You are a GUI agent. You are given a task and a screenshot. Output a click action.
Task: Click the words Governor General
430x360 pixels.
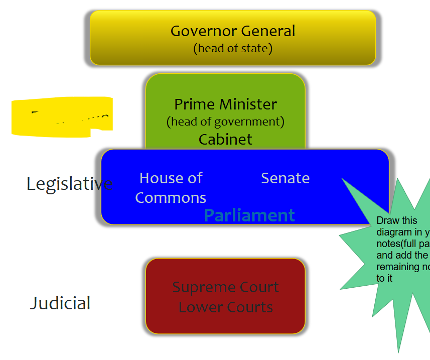coord(233,31)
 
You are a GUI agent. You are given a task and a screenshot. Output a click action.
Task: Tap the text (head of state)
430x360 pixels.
coord(233,49)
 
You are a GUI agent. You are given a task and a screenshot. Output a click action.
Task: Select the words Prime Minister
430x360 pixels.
coord(225,104)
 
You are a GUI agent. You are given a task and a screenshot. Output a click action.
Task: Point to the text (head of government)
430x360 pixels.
coord(225,122)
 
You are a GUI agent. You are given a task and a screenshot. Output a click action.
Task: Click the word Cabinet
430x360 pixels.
coord(225,139)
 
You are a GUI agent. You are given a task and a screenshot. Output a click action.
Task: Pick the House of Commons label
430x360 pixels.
coord(171,187)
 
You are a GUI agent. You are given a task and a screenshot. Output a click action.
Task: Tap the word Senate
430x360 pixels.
coord(285,178)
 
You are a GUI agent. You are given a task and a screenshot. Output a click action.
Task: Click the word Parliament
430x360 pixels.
coord(249,215)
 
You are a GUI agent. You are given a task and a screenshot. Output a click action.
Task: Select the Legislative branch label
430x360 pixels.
coord(69,184)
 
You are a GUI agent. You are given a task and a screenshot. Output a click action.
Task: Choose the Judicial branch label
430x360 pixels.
coord(60,303)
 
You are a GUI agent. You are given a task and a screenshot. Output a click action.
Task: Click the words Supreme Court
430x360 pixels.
coord(225,287)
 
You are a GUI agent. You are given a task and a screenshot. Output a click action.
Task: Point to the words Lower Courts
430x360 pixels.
coord(225,307)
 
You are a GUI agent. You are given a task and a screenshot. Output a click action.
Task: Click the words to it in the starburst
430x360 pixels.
coord(384,278)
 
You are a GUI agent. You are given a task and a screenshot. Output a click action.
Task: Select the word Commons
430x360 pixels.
coord(171,198)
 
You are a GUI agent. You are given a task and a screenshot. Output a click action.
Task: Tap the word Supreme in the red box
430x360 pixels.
coord(198,287)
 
